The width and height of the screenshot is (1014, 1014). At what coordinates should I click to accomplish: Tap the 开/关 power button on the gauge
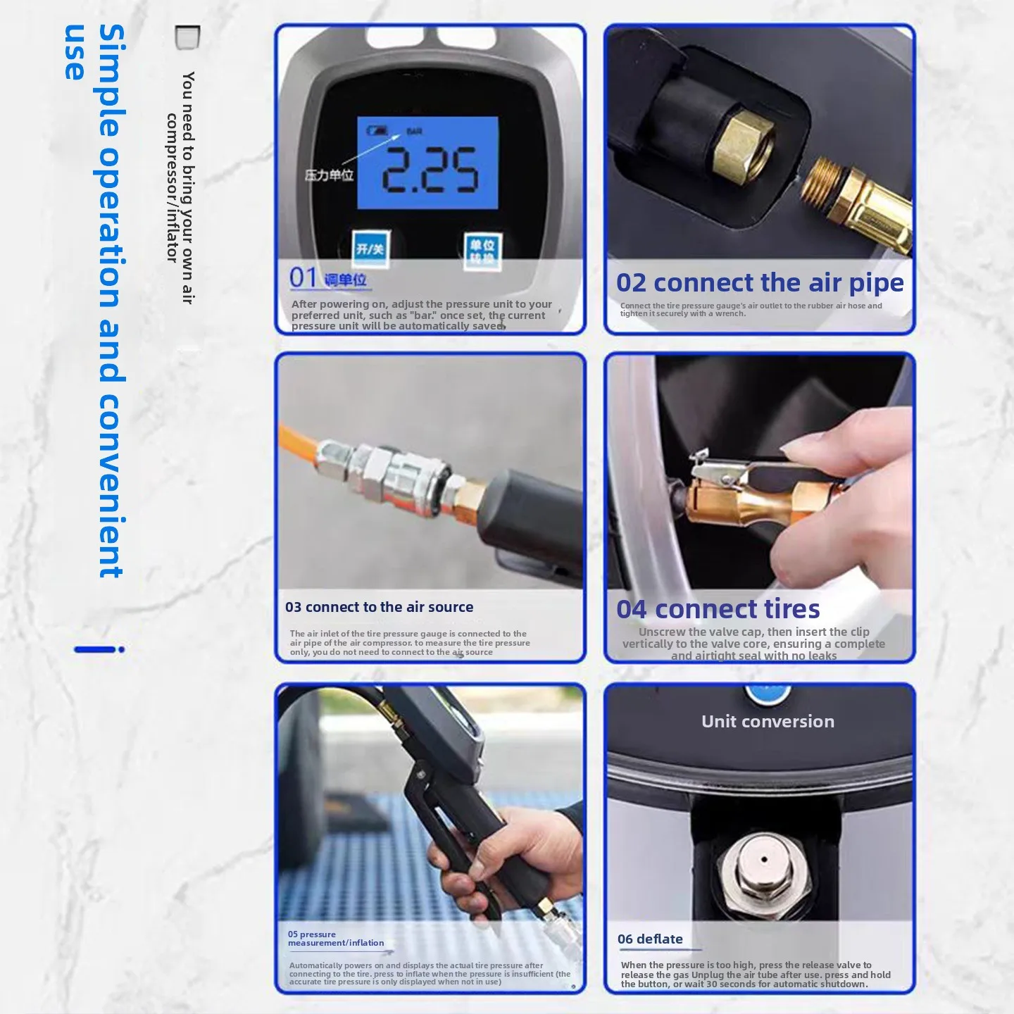click(370, 249)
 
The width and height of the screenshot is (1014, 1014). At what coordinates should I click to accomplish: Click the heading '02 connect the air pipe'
click(759, 283)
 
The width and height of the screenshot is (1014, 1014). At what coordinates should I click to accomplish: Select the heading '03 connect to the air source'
click(379, 607)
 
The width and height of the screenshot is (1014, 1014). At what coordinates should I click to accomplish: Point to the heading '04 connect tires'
click(718, 608)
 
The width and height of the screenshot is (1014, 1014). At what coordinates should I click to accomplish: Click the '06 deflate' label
click(650, 939)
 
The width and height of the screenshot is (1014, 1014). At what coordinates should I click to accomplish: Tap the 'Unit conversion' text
click(768, 721)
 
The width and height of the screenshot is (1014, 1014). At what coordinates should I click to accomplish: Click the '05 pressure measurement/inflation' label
click(336, 939)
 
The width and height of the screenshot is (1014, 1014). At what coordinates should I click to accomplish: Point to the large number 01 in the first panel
click(303, 277)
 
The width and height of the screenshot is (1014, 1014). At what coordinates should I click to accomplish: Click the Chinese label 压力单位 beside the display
click(329, 175)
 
